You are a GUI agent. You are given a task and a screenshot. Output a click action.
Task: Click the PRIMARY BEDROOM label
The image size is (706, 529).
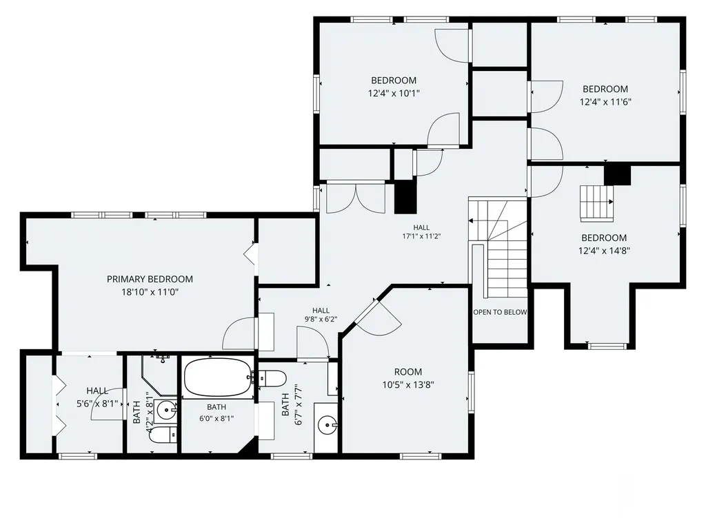[150, 280]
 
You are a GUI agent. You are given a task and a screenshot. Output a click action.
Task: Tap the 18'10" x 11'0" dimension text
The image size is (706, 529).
[150, 292]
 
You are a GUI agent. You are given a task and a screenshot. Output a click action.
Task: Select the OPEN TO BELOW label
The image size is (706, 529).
[500, 312]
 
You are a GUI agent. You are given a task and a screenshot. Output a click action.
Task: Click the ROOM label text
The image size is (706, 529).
[408, 372]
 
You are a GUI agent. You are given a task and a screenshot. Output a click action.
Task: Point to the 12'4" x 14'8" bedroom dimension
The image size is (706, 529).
[604, 251]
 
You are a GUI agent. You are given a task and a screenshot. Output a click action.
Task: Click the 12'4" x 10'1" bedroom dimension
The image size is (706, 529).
[394, 94]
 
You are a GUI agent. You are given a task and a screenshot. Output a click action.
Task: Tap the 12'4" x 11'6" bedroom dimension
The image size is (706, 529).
[605, 102]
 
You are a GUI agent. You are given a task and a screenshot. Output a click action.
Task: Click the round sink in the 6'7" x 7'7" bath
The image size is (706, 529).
[326, 424]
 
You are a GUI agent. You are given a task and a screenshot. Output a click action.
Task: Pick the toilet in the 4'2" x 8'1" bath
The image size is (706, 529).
[163, 435]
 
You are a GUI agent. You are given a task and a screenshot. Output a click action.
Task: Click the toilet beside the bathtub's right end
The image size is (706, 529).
[270, 378]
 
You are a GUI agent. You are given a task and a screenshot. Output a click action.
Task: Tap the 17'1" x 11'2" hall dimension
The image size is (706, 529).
[421, 236]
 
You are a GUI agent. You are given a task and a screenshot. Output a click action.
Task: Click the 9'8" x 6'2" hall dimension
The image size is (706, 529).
[321, 320]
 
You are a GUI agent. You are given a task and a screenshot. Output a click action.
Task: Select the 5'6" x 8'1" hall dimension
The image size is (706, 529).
[97, 404]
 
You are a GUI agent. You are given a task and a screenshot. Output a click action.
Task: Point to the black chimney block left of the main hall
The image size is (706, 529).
[405, 196]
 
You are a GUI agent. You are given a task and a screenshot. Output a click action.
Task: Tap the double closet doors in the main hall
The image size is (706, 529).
[356, 198]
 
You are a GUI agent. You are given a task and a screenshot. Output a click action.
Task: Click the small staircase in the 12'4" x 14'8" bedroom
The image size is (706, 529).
[596, 203]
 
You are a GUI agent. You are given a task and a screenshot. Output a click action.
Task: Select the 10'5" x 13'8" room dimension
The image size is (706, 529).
[408, 385]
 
